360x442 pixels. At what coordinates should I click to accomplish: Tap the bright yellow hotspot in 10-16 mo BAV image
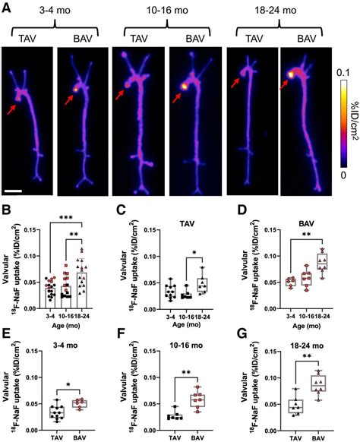coord(183,86)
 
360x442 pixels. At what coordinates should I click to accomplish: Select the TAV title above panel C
coord(191,224)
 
